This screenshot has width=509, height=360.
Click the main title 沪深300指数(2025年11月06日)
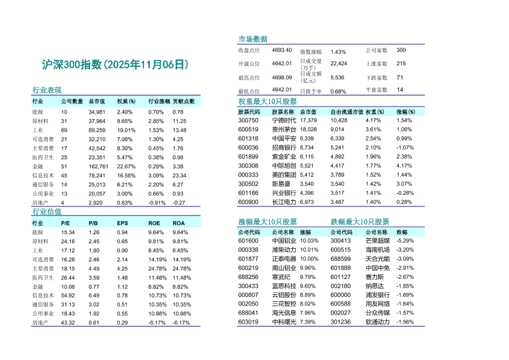tap(115, 65)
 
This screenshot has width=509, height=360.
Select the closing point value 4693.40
tap(281, 50)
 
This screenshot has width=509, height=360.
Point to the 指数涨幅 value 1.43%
tap(338, 52)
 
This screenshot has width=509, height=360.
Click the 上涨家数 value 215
tap(401, 64)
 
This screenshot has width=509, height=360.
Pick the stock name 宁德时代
tap(284, 120)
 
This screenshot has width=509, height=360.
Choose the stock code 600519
tap(248, 129)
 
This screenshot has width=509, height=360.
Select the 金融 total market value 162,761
tap(98, 166)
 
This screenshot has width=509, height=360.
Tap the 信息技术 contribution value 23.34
tap(179, 175)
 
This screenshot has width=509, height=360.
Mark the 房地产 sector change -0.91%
tap(156, 203)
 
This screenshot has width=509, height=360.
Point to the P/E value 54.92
tap(68, 295)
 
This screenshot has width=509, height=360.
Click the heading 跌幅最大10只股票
tap(360, 221)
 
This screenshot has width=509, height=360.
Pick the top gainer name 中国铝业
tap(284, 240)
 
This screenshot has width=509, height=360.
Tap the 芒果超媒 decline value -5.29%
tap(405, 240)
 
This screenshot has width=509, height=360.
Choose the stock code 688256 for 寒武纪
tap(248, 277)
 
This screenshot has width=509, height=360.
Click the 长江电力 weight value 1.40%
tap(373, 202)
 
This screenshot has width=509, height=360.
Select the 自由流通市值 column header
tap(347, 111)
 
